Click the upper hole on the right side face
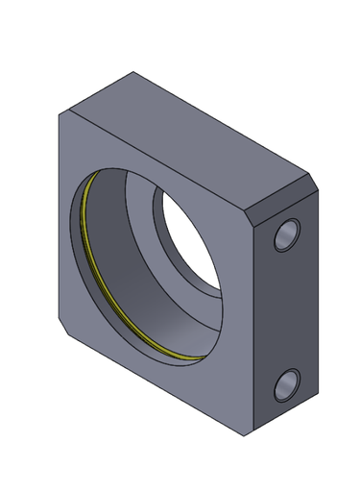point(286,234)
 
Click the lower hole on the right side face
point(286,384)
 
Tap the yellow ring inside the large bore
point(96,259)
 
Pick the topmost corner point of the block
point(132,72)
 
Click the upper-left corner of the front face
point(60,113)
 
